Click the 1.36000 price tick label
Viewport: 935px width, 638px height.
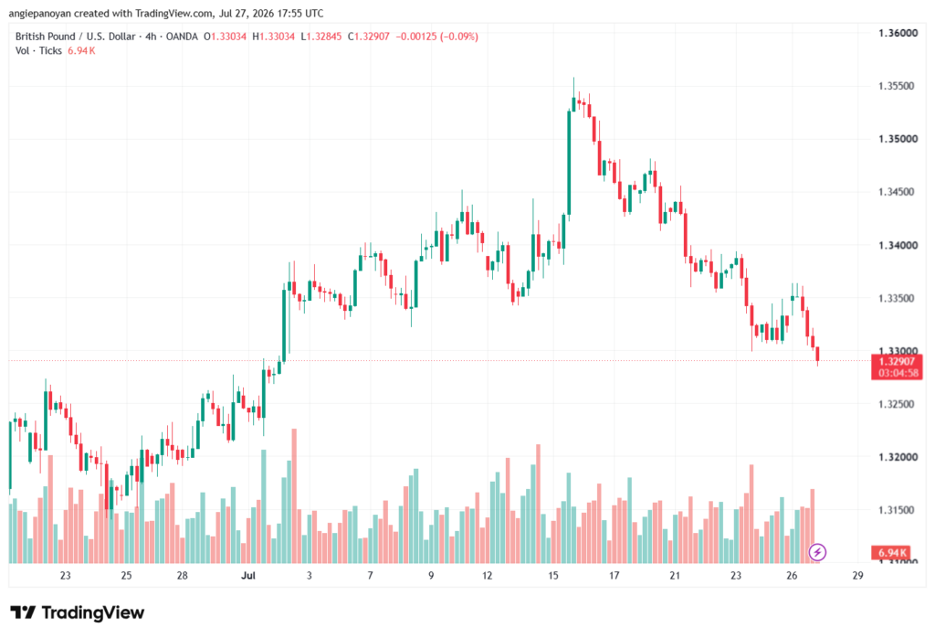click(898, 33)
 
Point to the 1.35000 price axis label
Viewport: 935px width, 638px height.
click(898, 139)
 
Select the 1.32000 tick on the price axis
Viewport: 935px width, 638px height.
click(898, 457)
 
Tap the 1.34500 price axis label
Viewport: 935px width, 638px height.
click(898, 192)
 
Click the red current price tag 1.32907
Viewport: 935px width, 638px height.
click(897, 362)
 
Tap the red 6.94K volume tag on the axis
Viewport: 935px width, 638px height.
click(891, 553)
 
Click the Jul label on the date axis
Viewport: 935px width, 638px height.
click(248, 575)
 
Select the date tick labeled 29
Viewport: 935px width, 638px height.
click(857, 575)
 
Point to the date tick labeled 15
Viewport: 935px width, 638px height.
click(553, 575)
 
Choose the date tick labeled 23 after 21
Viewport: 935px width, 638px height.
click(736, 575)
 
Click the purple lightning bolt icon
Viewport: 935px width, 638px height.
click(817, 552)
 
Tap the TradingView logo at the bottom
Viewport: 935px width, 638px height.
click(78, 612)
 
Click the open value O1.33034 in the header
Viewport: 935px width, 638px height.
click(225, 37)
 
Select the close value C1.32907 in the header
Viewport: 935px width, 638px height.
click(369, 37)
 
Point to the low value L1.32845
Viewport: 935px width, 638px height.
click(320, 37)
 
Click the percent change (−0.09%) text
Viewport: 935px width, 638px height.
click(459, 37)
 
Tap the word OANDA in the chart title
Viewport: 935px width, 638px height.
click(182, 37)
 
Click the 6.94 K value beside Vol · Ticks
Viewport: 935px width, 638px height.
click(81, 51)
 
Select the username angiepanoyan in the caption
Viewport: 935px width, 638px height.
click(40, 13)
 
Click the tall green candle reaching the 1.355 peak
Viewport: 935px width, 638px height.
click(569, 163)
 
